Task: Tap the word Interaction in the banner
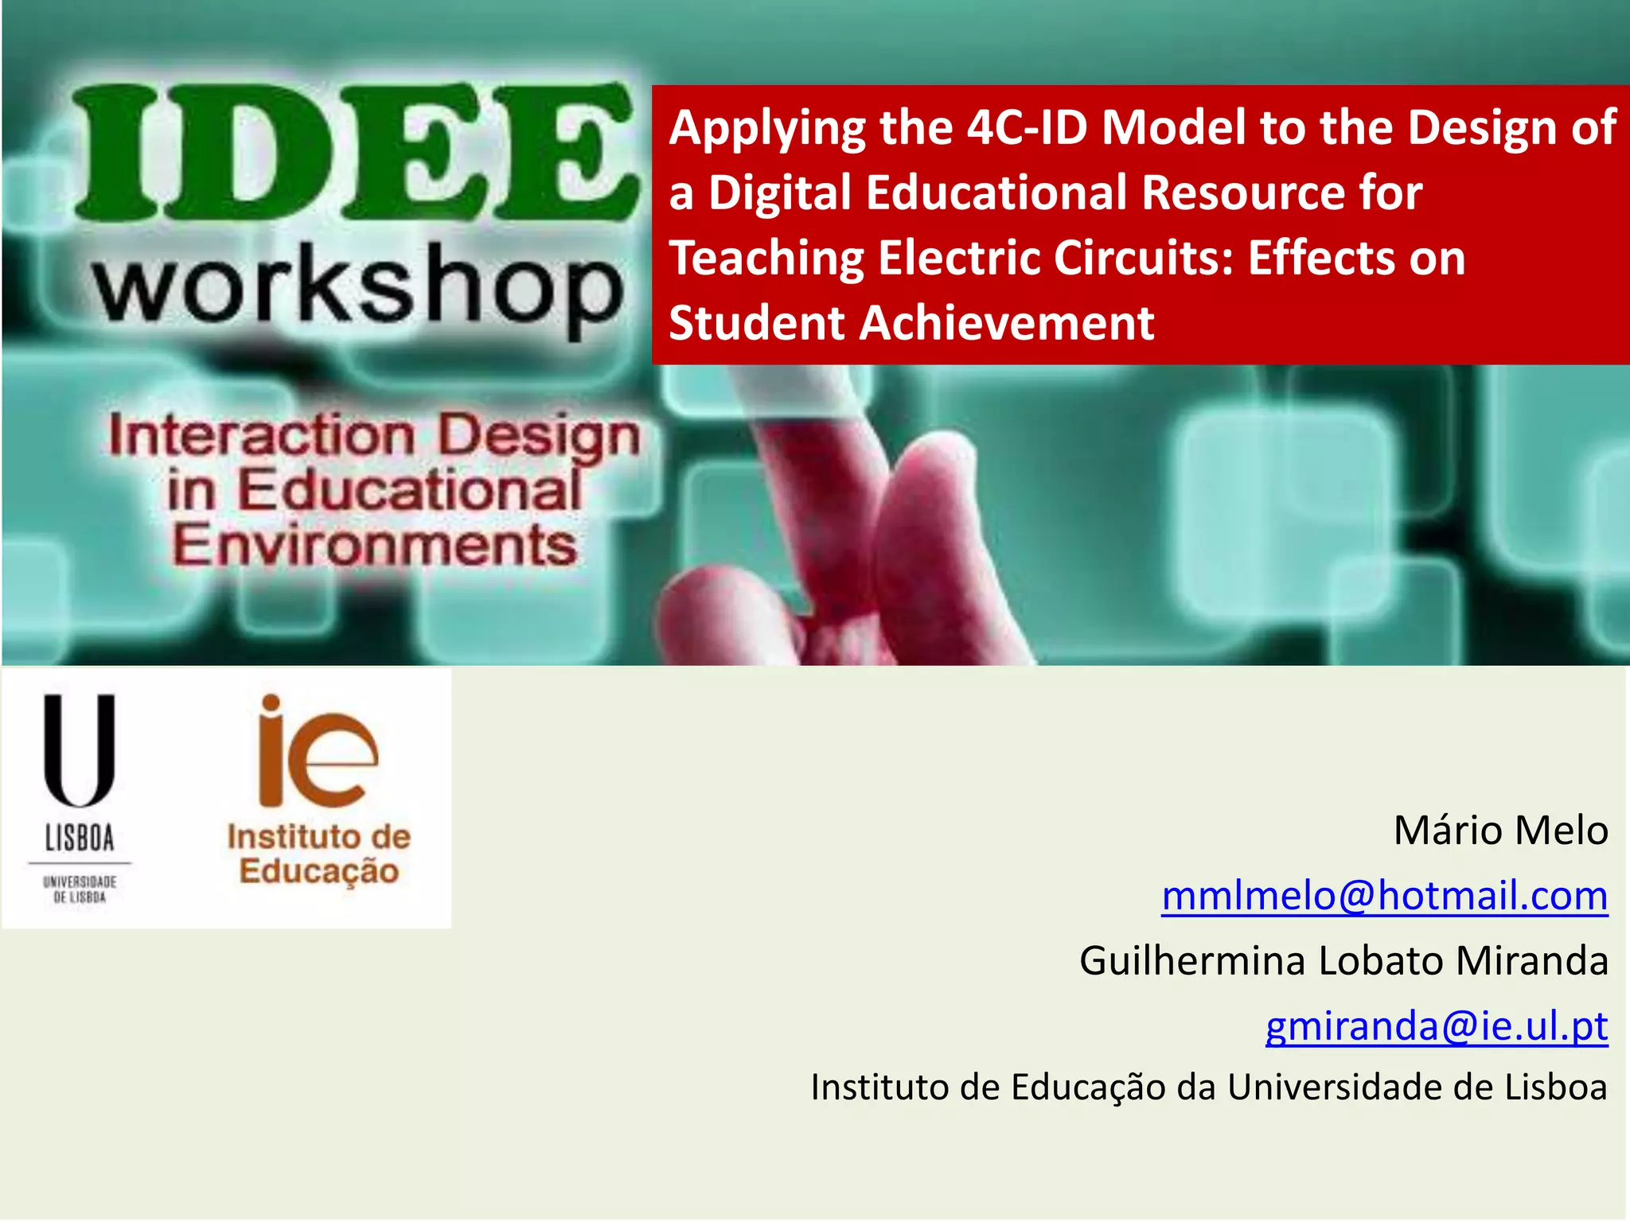pos(263,436)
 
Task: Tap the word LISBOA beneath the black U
pos(80,838)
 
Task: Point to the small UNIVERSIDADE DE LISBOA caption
pos(80,889)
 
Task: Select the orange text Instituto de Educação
pos(318,854)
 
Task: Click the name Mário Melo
pos(1500,831)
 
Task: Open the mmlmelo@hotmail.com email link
pos(1384,896)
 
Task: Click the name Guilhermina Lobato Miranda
pos(1343,960)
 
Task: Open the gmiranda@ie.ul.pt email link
pos(1437,1025)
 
